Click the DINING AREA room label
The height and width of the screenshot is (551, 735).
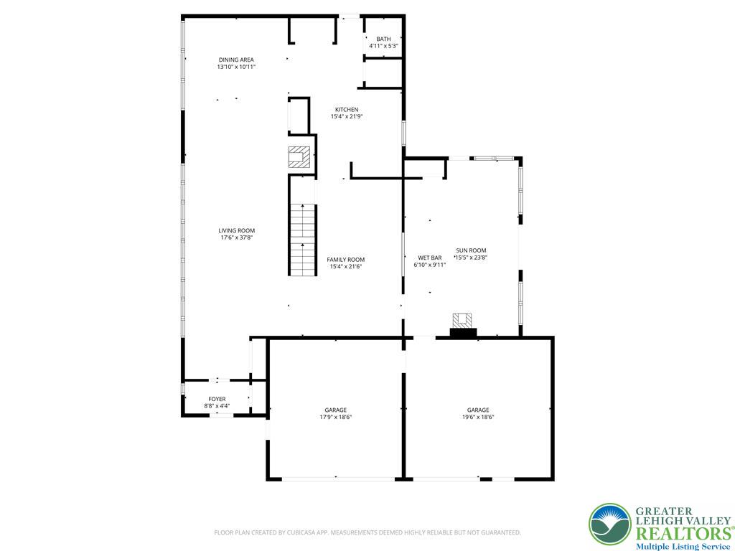click(236, 60)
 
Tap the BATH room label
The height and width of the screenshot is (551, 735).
click(383, 39)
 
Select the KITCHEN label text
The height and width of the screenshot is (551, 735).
click(346, 110)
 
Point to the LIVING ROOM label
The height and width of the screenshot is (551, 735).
click(237, 230)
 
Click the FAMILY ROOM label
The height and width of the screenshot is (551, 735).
click(345, 260)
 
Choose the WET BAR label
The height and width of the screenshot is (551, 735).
click(429, 257)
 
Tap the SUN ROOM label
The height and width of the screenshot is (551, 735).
click(470, 250)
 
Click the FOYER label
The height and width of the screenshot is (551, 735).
click(217, 399)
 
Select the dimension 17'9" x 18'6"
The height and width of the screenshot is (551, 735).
click(335, 417)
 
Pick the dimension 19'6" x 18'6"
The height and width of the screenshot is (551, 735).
click(478, 417)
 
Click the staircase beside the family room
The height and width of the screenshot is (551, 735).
click(303, 240)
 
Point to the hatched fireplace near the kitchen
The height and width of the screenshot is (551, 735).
click(299, 156)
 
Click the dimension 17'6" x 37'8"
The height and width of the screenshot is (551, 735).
click(237, 237)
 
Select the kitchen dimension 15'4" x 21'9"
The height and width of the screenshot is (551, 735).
click(346, 116)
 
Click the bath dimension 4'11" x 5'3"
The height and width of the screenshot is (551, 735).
click(383, 46)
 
